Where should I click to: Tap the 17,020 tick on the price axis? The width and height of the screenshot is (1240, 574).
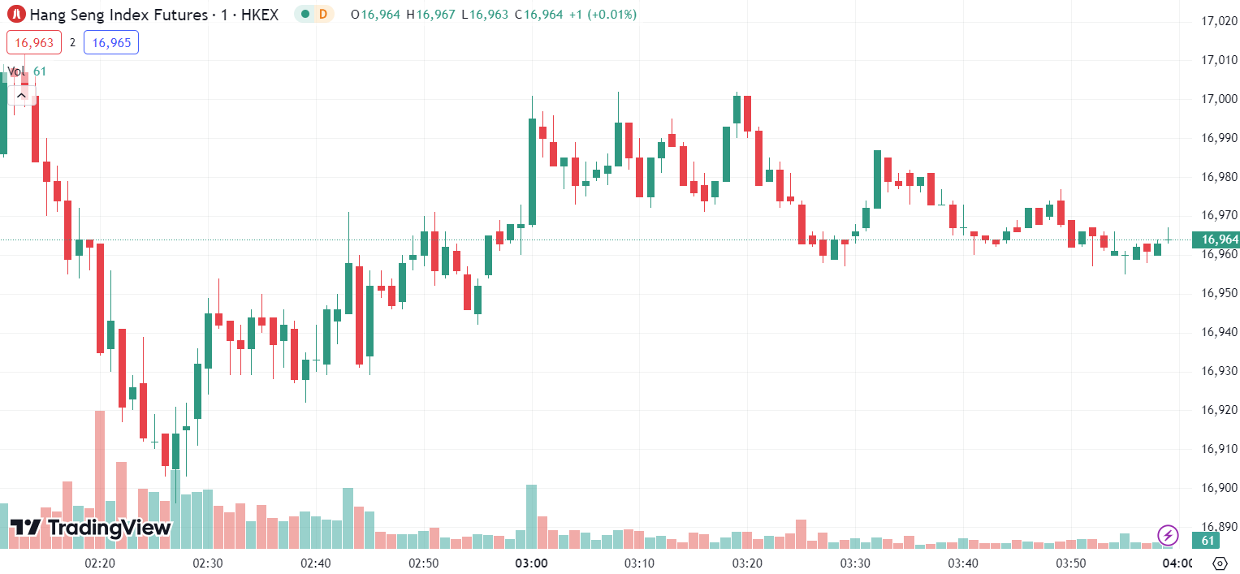point(1218,21)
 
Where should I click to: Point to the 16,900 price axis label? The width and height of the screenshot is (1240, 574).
point(1218,488)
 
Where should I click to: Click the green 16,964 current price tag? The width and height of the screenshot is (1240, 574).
point(1216,240)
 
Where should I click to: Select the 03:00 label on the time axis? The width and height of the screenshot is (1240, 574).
point(531,563)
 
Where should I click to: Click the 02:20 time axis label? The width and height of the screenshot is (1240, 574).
point(100,563)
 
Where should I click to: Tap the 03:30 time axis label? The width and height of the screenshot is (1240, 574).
point(855,563)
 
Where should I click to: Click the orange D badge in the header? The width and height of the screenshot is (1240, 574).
point(323,14)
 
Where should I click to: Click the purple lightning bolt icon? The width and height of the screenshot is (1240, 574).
point(1168,535)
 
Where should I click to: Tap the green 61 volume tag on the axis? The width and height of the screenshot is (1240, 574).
point(1208,541)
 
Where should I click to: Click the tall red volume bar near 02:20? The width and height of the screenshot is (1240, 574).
point(100,479)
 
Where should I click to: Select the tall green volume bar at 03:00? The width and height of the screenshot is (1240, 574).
point(531,516)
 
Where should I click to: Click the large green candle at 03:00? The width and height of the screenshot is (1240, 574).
point(532,171)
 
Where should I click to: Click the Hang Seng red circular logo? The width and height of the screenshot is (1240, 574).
point(16,14)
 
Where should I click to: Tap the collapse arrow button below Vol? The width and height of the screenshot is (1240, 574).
point(21,95)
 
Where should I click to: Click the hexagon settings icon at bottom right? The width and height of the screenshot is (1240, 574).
point(1219,563)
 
